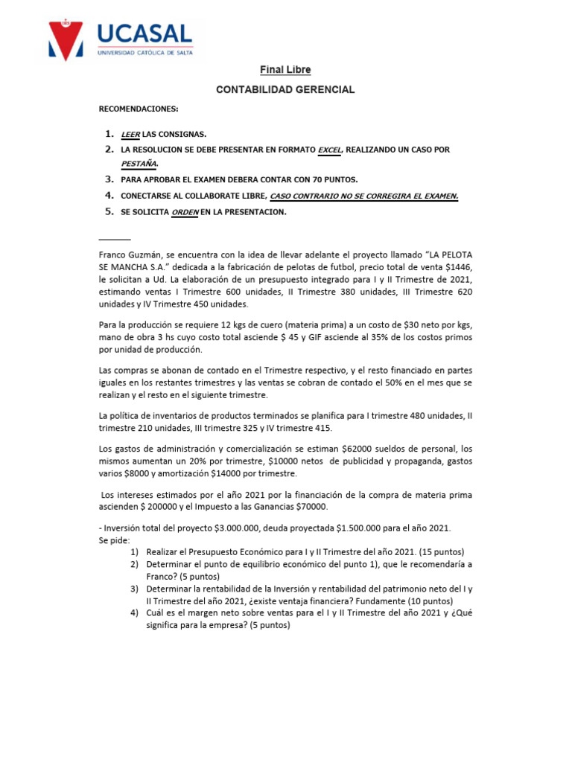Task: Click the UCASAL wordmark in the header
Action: coord(145,33)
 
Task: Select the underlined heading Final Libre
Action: coord(285,70)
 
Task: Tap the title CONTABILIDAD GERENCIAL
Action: coord(285,89)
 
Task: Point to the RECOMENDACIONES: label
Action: coord(139,109)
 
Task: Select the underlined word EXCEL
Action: coord(328,150)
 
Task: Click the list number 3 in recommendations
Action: coord(109,179)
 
